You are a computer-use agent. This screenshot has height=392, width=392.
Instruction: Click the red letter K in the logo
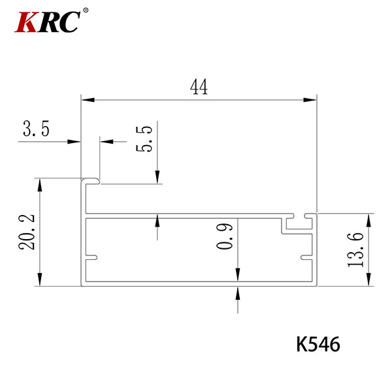tap(26, 22)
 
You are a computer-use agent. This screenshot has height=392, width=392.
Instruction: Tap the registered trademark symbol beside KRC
tap(86, 10)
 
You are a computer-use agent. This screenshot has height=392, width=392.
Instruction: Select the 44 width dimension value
tap(199, 87)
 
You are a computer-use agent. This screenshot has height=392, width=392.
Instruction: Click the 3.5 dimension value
tap(36, 129)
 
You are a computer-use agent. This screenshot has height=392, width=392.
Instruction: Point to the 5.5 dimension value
tap(144, 139)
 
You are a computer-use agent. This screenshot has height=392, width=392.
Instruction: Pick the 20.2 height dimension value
tap(26, 232)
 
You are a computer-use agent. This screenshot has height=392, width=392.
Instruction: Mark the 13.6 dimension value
tap(355, 250)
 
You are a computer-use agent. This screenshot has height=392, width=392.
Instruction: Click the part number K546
tap(318, 344)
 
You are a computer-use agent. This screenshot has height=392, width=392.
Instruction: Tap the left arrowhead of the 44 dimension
tap(88, 100)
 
